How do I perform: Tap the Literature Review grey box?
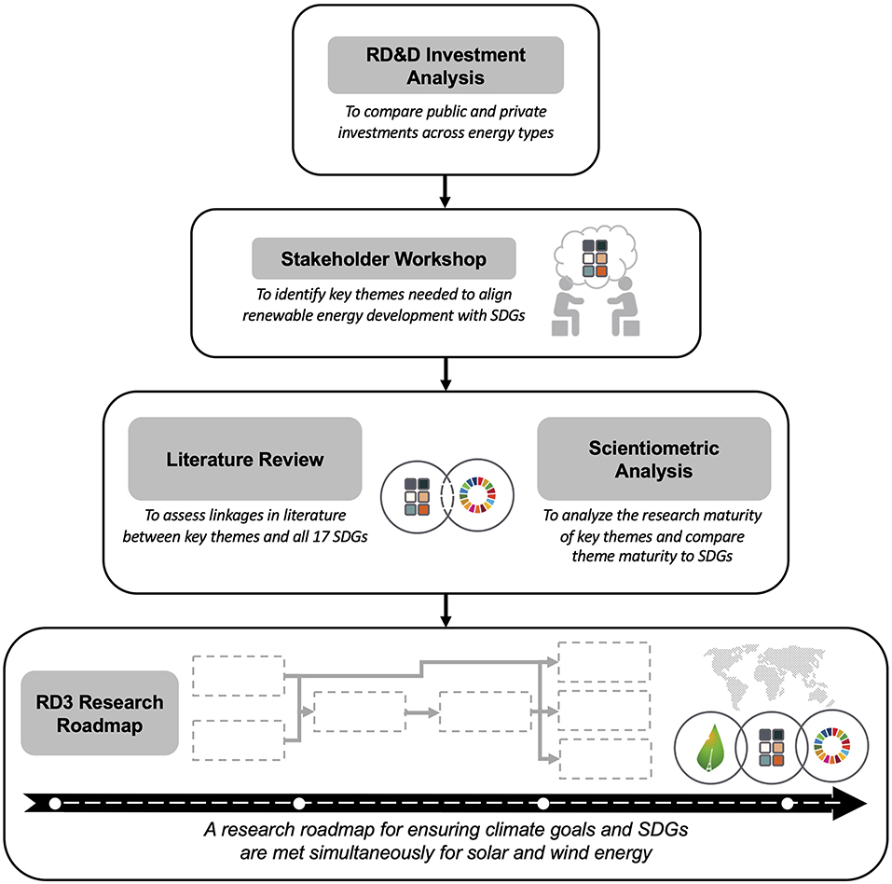pyautogui.click(x=244, y=459)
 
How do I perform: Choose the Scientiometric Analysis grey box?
pyautogui.click(x=653, y=459)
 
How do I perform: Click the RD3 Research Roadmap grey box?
pyautogui.click(x=100, y=713)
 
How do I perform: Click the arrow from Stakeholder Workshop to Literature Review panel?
pyautogui.click(x=446, y=377)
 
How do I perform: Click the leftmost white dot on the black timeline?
pyautogui.click(x=55, y=803)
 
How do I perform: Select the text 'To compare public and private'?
pyautogui.click(x=446, y=111)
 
